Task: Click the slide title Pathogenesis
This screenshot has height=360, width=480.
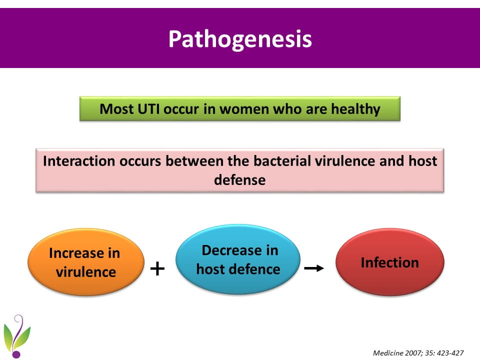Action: (240, 39)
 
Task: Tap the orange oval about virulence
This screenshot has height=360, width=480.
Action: (85, 262)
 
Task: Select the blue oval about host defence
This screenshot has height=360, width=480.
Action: (238, 259)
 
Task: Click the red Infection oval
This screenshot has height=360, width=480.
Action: (389, 262)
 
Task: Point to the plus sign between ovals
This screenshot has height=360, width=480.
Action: (157, 268)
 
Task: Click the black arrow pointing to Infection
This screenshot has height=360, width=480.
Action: (314, 268)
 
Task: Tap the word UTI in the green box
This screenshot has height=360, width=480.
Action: (148, 108)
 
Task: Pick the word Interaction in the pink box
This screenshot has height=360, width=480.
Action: (78, 161)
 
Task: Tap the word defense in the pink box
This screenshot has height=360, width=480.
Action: (239, 179)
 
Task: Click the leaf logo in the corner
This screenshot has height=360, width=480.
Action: (17, 336)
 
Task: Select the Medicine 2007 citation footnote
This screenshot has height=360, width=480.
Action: (418, 353)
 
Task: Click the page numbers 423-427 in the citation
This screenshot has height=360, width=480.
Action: (450, 353)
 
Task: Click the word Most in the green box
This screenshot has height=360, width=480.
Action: (116, 109)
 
